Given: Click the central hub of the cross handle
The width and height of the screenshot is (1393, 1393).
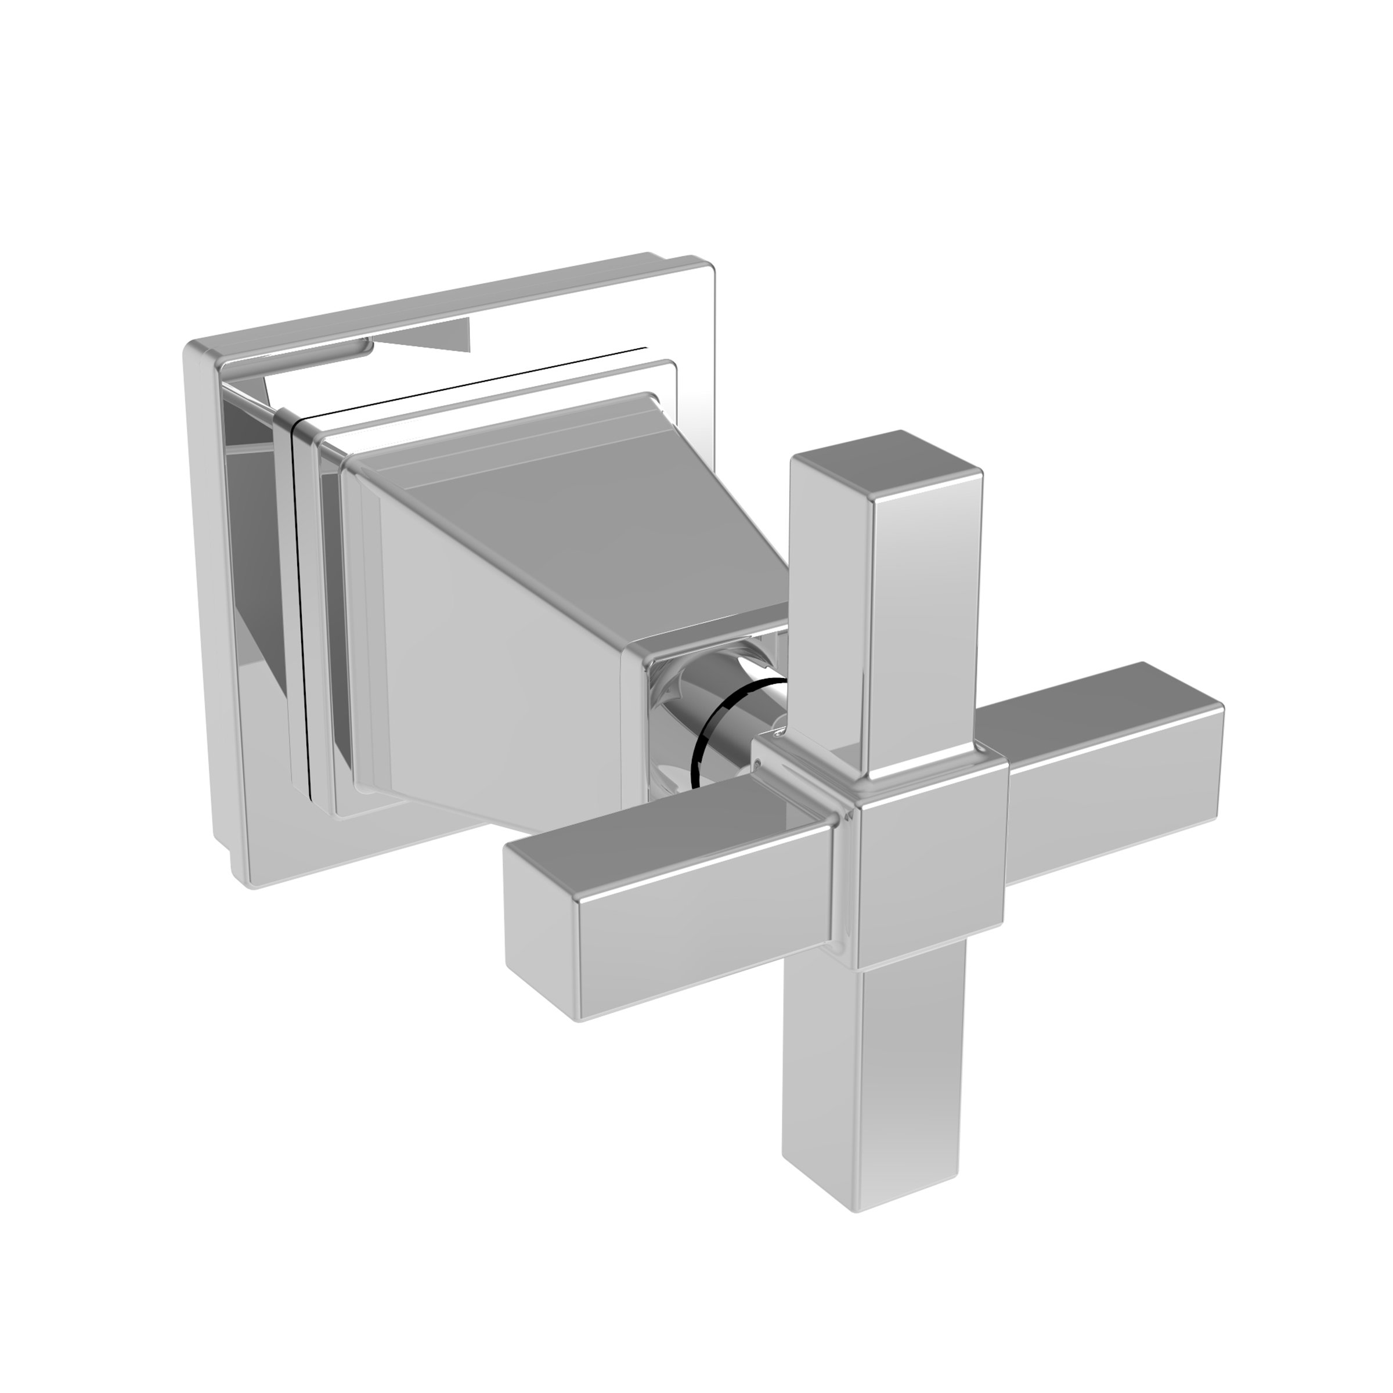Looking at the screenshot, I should pyautogui.click(x=930, y=865).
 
